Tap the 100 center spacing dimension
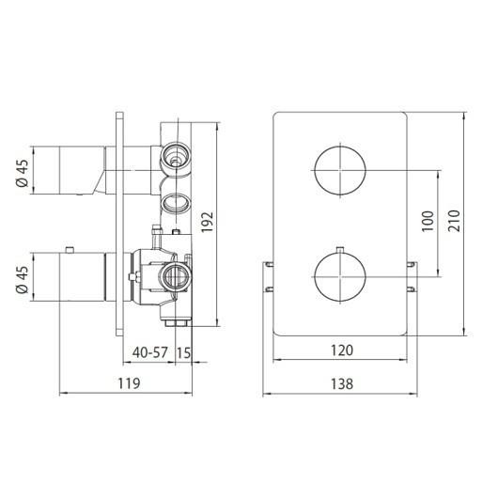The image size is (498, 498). pos(428,221)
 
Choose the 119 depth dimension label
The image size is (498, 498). pos(127,383)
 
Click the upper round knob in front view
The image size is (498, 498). pos(338,170)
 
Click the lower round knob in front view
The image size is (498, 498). pos(338,273)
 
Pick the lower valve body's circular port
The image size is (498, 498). pos(173,273)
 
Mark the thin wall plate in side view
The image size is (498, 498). pos(119,226)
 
